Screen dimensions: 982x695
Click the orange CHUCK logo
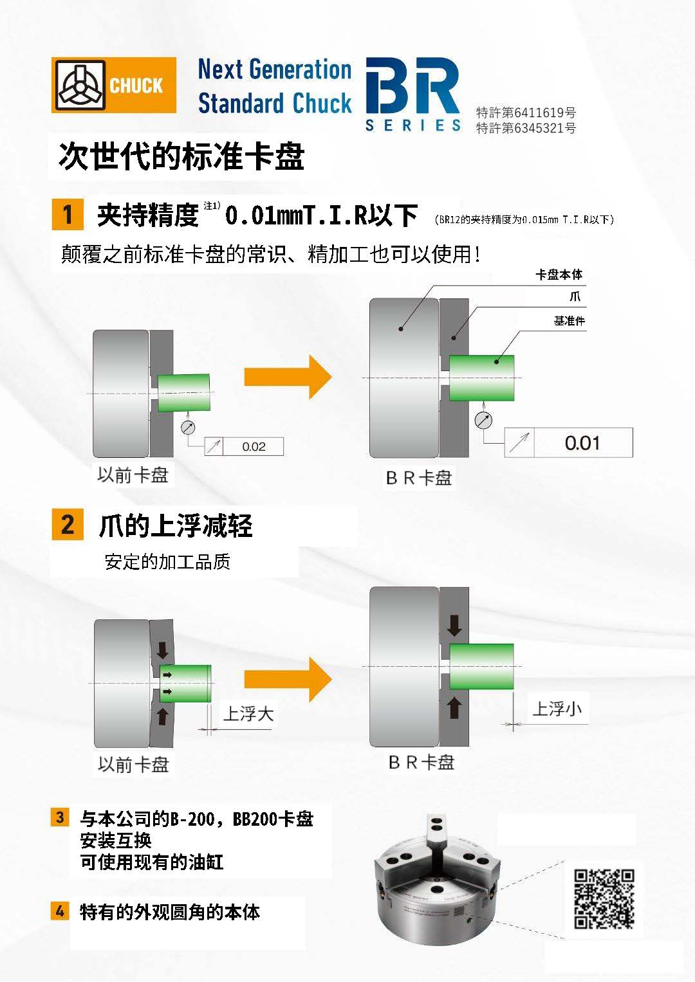point(114,85)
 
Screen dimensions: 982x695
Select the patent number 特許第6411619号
point(526,113)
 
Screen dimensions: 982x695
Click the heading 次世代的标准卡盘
point(181,156)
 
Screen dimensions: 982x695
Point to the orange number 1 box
point(68,214)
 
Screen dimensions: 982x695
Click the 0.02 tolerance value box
point(254,446)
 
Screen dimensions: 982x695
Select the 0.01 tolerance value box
point(582,443)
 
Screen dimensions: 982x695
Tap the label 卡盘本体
point(559,275)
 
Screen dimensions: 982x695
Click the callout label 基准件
point(569,320)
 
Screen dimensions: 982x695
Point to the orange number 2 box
point(68,524)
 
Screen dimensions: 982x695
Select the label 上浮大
point(248,713)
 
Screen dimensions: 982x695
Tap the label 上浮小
point(557,709)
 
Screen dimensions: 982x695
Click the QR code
point(604,898)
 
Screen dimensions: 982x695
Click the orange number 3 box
point(60,817)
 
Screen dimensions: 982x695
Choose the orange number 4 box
point(60,911)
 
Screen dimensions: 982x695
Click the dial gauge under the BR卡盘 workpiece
point(483,420)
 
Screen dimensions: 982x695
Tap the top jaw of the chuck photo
point(437,836)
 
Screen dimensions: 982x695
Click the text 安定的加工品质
point(167,562)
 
